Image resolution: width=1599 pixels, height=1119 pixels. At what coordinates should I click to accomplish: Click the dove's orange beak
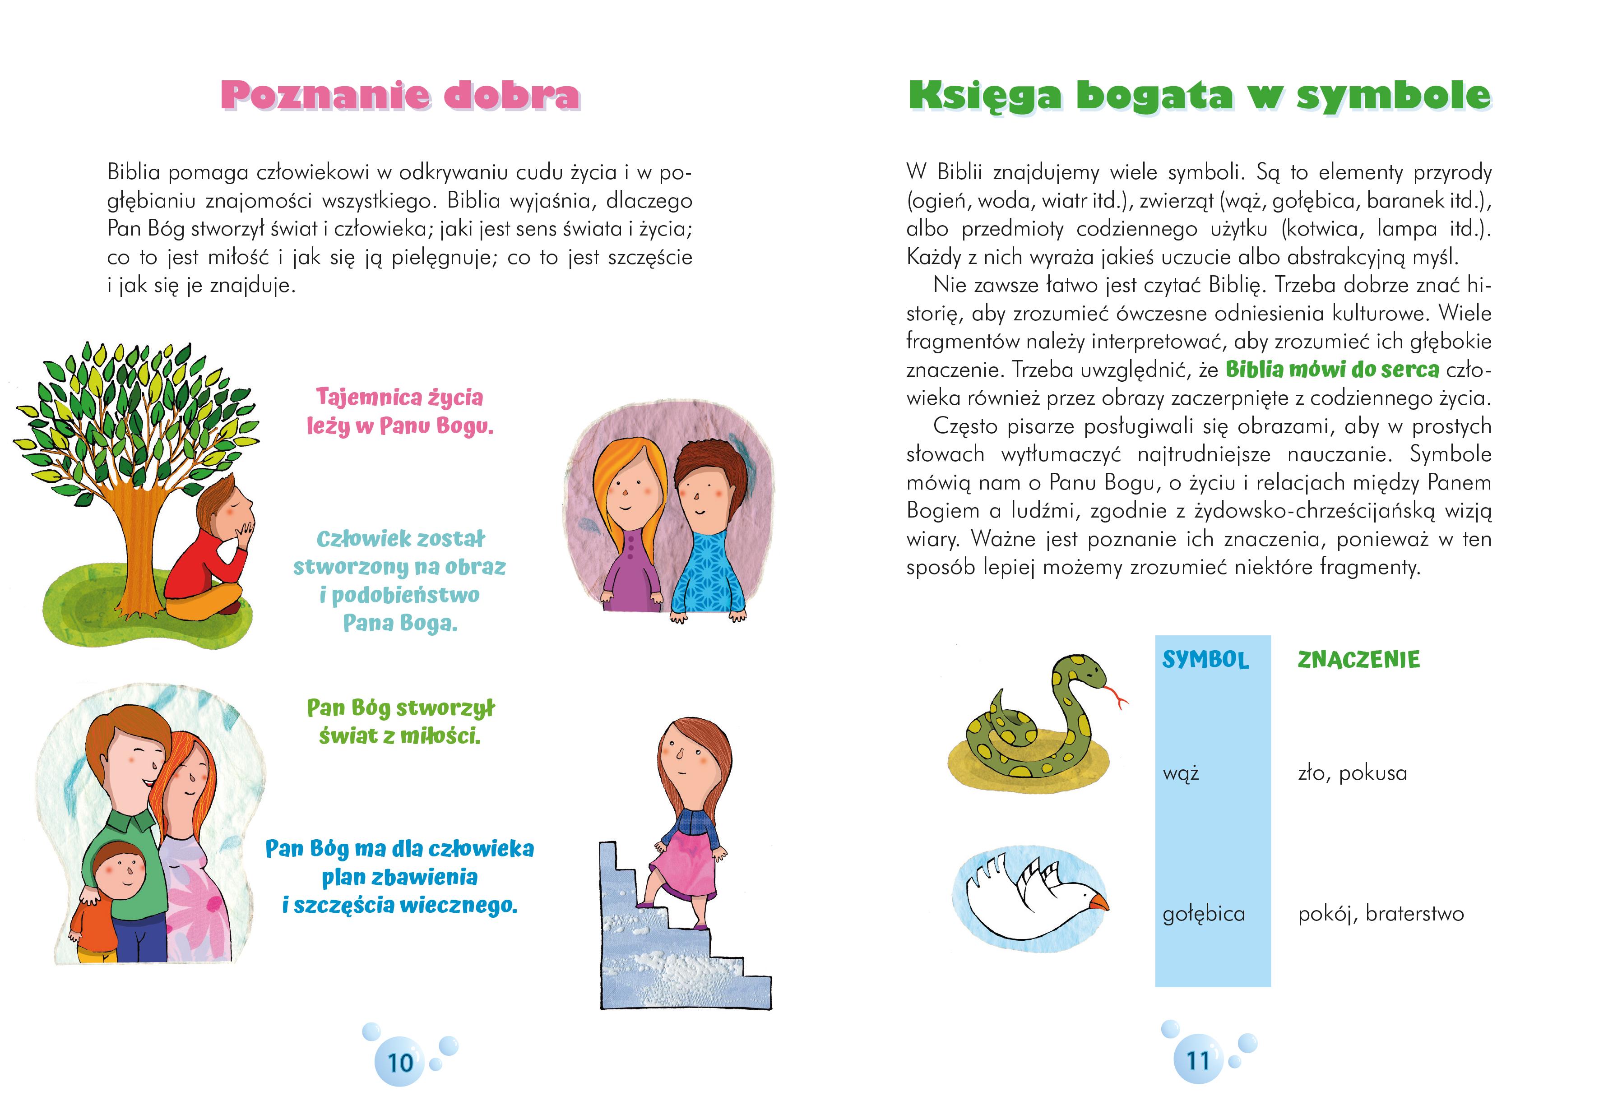coord(1099,903)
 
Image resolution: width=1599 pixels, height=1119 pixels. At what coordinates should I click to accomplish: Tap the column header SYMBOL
coord(1205,659)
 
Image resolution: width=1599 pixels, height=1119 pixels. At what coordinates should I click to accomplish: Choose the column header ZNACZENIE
coord(1358,659)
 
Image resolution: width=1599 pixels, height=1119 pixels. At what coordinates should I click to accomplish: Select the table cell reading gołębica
coord(1204,914)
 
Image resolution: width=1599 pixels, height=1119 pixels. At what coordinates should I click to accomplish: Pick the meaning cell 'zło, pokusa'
coord(1353,773)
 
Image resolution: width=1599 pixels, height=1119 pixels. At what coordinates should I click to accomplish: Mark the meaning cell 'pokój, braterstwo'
coord(1380,914)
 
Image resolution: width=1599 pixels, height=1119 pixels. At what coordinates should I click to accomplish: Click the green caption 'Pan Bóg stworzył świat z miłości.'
coord(400,722)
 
